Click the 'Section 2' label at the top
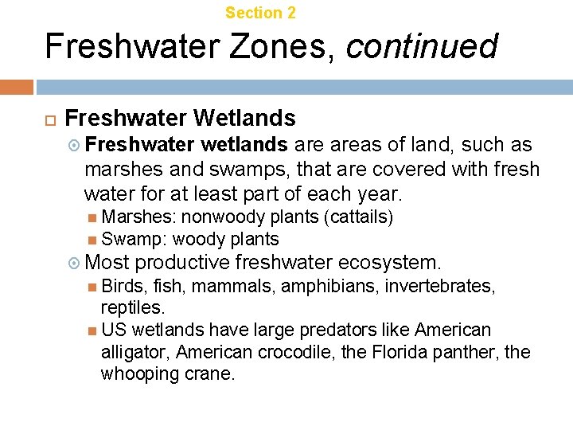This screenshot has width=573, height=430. point(260,13)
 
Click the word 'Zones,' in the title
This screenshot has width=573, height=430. point(273,46)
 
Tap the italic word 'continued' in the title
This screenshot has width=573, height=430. point(422,46)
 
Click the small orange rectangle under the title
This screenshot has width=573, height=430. point(17,87)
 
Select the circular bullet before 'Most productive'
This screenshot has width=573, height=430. point(75,263)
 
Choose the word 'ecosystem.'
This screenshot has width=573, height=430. point(389,262)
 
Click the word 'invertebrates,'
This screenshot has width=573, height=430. point(439,285)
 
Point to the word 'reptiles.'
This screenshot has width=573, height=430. point(133,307)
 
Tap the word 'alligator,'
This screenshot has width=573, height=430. point(135,352)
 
